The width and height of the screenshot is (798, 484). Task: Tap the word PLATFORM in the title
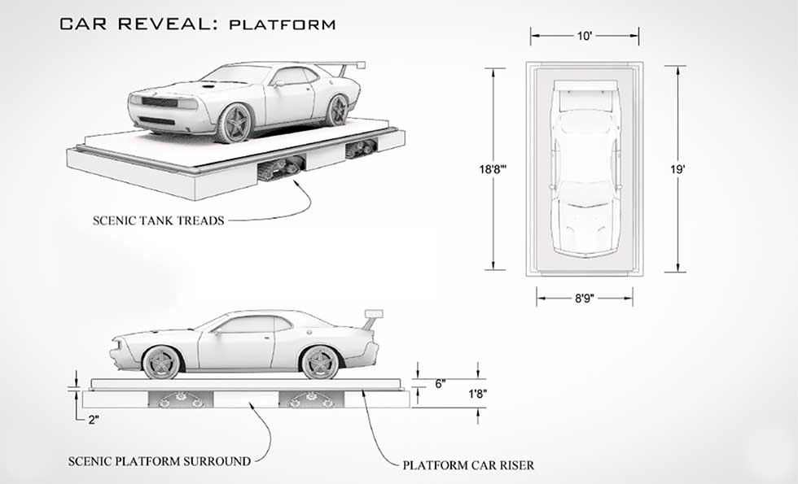click(283, 24)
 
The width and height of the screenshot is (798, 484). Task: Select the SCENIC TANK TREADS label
click(158, 220)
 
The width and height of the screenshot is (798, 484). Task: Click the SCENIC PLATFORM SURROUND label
click(159, 461)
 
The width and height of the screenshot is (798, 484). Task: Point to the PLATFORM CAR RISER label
click(468, 465)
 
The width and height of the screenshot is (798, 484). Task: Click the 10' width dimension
click(585, 37)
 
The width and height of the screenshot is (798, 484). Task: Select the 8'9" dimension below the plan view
click(584, 298)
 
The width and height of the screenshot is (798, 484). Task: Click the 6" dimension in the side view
click(441, 384)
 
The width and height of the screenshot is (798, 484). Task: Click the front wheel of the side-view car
click(161, 362)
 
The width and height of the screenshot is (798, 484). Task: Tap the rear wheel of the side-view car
click(319, 362)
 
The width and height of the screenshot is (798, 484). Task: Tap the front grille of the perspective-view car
click(159, 102)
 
